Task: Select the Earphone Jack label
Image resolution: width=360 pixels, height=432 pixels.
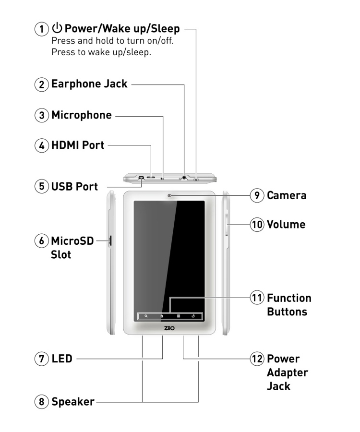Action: [89, 84]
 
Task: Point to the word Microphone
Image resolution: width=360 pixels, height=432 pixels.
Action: [82, 115]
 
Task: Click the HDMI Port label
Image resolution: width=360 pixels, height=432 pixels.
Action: [77, 144]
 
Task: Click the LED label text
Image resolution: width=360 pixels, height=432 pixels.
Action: [62, 358]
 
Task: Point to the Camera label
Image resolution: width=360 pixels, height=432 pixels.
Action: [287, 195]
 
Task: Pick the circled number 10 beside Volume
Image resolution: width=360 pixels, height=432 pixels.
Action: [258, 224]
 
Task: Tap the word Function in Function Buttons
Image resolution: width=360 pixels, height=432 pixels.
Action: [289, 298]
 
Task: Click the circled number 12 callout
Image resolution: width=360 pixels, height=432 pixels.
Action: [258, 359]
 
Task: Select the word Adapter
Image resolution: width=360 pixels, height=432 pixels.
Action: [287, 372]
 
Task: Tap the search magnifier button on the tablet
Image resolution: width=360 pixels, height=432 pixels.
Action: [145, 316]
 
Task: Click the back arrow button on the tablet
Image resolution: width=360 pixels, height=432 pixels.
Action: [193, 316]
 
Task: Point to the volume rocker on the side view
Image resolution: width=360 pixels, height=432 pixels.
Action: [226, 226]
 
